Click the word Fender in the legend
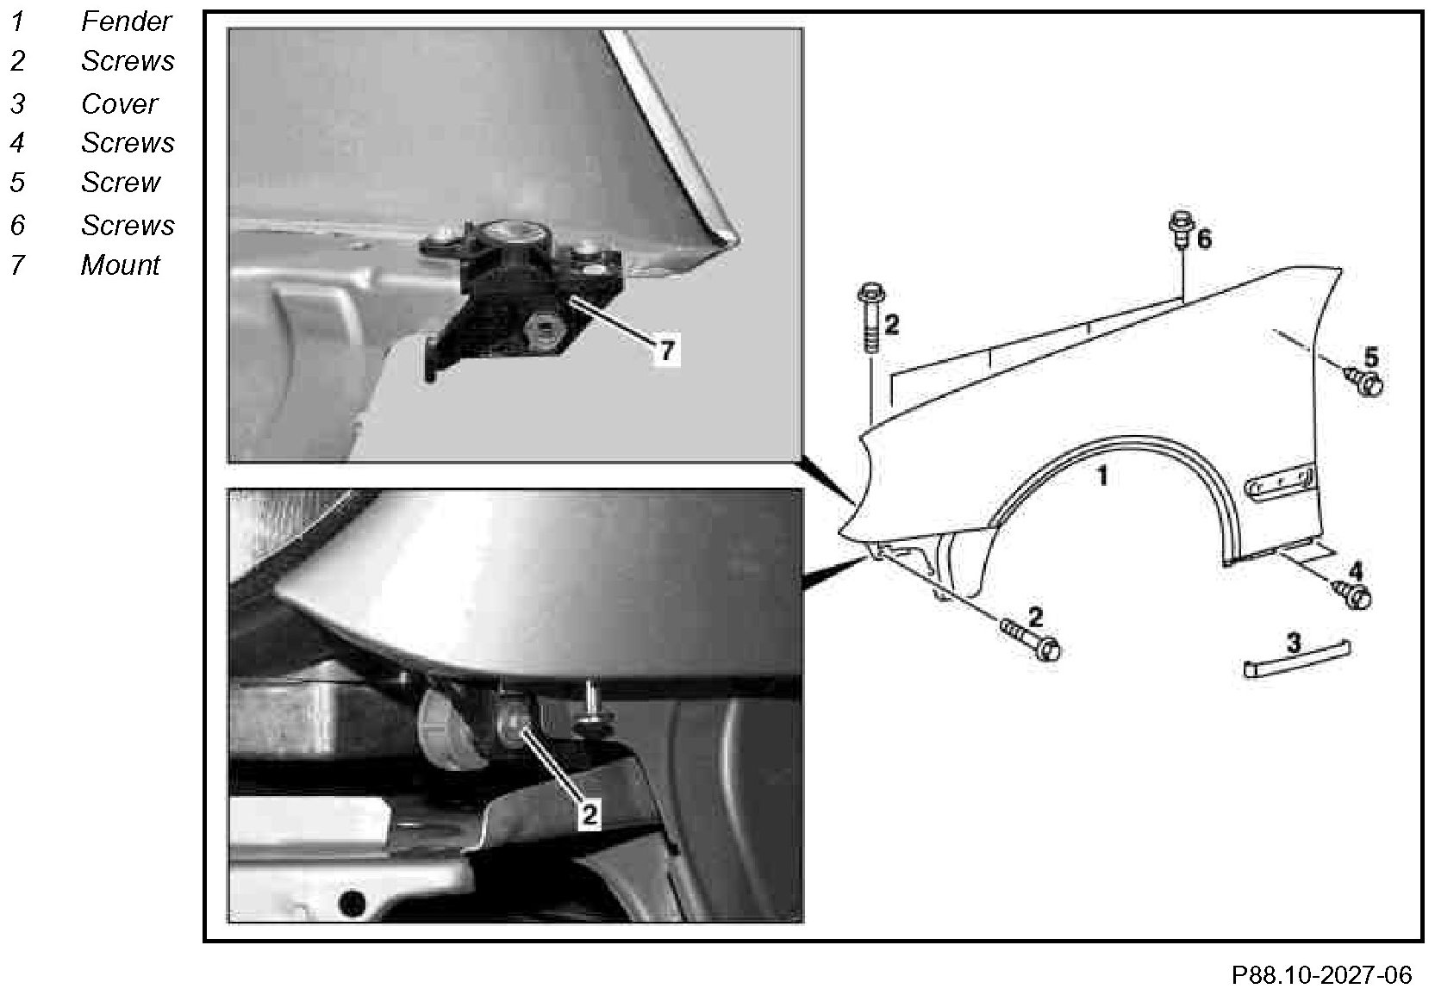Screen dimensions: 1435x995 click(126, 22)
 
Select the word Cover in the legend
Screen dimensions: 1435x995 click(119, 103)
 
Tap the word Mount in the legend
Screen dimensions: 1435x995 click(120, 265)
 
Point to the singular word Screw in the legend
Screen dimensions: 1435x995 click(121, 183)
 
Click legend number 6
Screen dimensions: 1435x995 click(18, 225)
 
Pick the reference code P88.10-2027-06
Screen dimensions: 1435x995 click(1321, 974)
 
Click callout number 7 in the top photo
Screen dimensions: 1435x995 click(667, 351)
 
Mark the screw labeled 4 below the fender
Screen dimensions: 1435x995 click(1351, 594)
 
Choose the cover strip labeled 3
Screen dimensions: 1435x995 click(1296, 660)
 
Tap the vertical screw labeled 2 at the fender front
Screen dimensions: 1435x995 click(870, 317)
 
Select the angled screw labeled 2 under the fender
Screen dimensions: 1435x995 click(1029, 639)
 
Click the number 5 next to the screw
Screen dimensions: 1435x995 click(1370, 358)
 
